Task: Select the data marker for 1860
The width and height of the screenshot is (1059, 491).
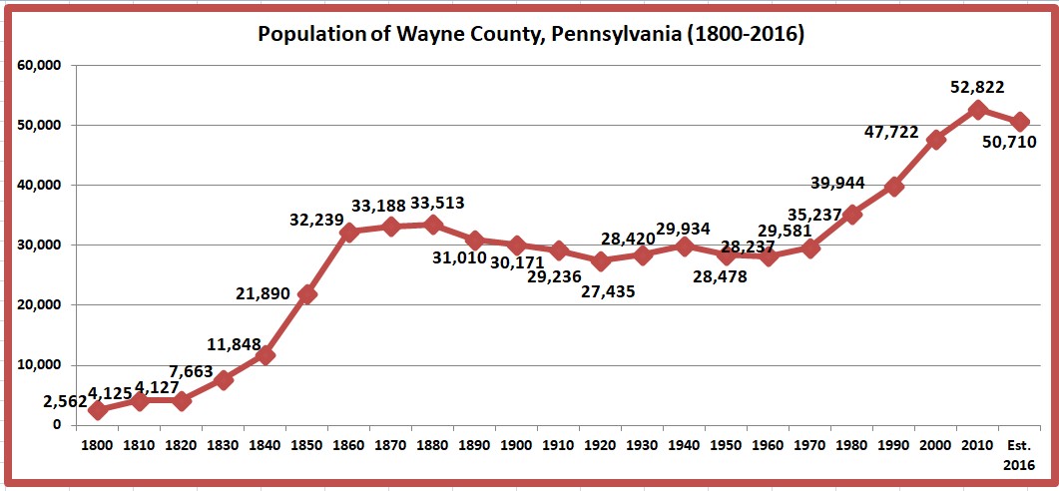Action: click(349, 233)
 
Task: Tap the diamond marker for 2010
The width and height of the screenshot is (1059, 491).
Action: click(978, 110)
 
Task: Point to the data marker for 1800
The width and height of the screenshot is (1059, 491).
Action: click(98, 409)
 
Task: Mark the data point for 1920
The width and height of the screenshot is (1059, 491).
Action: click(601, 261)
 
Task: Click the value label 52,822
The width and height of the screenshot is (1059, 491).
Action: click(976, 87)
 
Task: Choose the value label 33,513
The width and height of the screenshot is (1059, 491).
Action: click(430, 204)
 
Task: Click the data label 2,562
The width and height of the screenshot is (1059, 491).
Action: click(65, 401)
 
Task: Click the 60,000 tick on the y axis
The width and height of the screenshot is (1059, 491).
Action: click(41, 66)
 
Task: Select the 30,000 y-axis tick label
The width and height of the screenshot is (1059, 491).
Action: click(41, 245)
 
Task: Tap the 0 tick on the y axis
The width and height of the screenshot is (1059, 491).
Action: click(57, 425)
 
